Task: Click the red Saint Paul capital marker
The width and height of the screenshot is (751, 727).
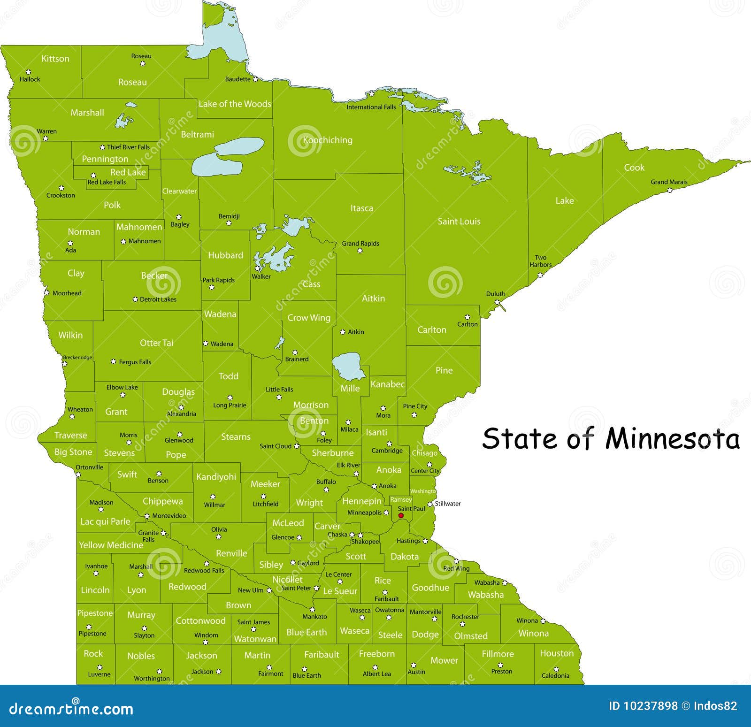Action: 401,515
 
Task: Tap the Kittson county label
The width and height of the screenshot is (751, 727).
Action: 55,59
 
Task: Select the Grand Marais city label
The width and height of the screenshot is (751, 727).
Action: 669,182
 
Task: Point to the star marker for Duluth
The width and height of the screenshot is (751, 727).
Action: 497,302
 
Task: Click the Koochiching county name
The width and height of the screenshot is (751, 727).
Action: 327,140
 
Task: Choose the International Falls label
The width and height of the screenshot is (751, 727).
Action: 371,107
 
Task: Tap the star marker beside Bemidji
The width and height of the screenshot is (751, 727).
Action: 229,223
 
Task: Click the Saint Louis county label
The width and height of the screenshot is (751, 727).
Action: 459,221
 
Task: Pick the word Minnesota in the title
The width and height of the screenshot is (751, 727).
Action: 672,439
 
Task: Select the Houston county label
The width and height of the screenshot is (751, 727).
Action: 557,653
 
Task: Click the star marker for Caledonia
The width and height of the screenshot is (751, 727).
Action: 557,667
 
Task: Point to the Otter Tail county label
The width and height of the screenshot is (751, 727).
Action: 156,343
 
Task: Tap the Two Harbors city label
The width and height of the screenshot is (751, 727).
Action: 541,261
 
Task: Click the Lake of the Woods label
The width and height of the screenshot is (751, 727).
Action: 235,104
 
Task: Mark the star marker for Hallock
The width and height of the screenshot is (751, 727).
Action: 29,72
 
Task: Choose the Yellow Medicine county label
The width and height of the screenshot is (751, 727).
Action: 111,545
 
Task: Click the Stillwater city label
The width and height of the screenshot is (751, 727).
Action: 448,504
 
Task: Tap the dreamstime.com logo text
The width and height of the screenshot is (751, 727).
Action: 71,708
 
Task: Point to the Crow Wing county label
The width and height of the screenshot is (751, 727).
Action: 308,318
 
